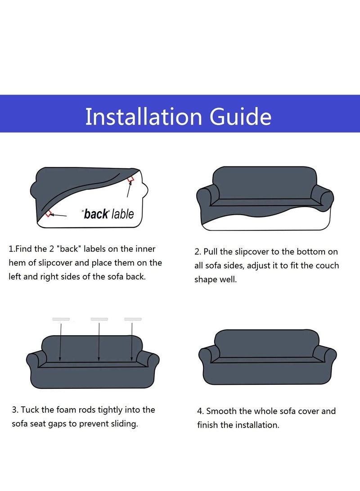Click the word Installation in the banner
144,117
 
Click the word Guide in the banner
240,117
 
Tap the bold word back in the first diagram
96,214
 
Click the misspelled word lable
123,214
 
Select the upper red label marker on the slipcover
130,179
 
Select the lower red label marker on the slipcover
48,214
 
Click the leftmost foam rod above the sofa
61,319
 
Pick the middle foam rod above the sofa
99,319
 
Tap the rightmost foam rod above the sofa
133,319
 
